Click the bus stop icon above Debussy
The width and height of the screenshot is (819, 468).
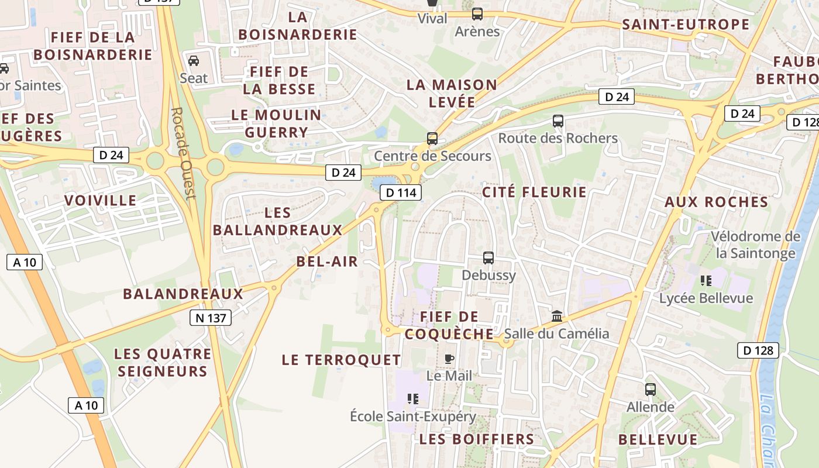tap(488, 257)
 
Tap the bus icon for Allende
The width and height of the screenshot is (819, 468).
tap(650, 389)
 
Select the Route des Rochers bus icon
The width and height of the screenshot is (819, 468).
tap(558, 121)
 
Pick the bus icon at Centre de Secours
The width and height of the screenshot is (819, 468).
tap(432, 139)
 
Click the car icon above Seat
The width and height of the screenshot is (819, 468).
tap(194, 60)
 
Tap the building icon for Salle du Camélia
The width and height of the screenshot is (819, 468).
tap(557, 316)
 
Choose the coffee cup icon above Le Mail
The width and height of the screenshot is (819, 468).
tap(449, 358)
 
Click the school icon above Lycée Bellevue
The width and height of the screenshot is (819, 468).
tap(706, 281)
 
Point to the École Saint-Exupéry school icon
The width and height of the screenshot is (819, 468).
tap(413, 399)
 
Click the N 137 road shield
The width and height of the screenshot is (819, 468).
tap(211, 318)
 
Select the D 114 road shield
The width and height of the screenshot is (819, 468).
tap(401, 192)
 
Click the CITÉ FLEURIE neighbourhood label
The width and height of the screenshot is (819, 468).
tap(534, 192)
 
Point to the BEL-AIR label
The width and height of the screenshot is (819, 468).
tap(327, 261)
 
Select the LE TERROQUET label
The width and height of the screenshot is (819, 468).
tap(342, 360)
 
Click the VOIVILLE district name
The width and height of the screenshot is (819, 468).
tap(101, 201)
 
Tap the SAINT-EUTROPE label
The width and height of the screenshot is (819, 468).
tap(686, 25)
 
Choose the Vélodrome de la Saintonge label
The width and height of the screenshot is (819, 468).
tap(755, 245)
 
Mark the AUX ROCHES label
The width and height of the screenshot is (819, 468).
tap(717, 202)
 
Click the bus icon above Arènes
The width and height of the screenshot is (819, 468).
tap(477, 14)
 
